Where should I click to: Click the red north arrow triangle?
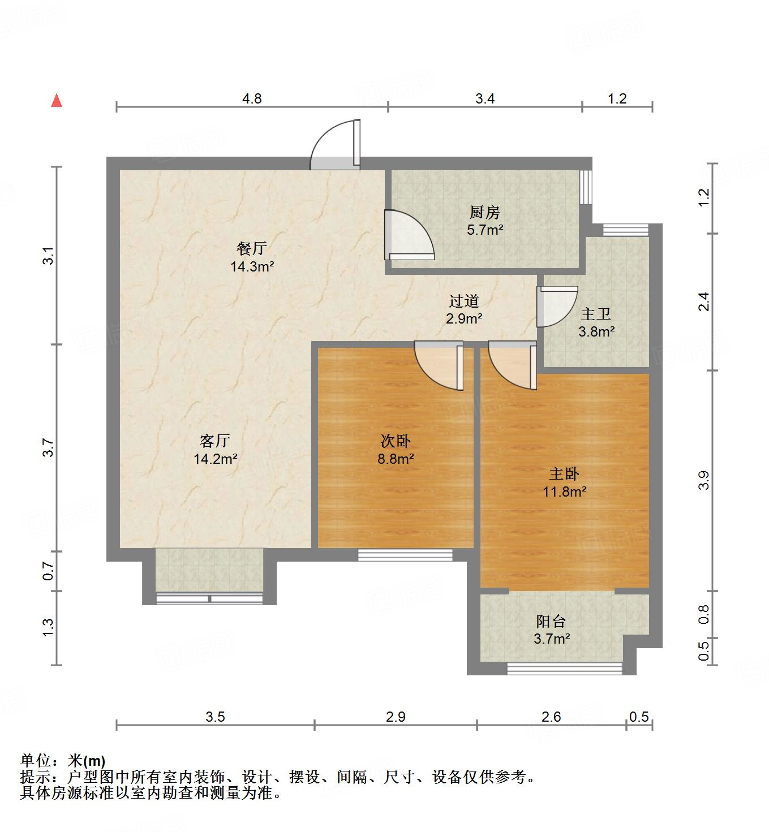pos(56,101)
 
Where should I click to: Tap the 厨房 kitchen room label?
pos(485,213)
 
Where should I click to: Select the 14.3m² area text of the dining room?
pos(252,266)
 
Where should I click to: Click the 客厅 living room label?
pos(215,440)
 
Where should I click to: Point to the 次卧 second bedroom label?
pos(396,440)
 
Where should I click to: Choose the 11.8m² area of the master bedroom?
pos(564,492)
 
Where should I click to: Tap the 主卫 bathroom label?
pos(596,313)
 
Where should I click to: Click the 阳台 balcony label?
pos(551,621)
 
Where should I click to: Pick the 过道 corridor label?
pos(464,301)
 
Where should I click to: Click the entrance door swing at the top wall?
pos(336,145)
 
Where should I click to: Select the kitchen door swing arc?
pos(409,235)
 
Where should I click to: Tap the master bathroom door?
pos(557,306)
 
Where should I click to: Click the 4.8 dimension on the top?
pos(252,98)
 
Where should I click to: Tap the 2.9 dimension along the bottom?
pos(396,717)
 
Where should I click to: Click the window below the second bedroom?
pos(406,555)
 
